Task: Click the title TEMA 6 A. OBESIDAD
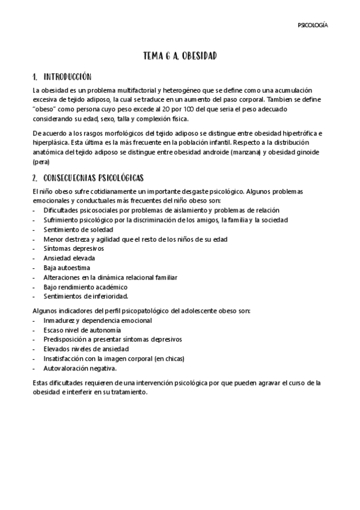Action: point(180,56)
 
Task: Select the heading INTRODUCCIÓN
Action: point(66,77)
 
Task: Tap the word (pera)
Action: point(41,161)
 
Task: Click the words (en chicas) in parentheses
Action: point(170,358)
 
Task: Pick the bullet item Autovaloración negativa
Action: point(79,368)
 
